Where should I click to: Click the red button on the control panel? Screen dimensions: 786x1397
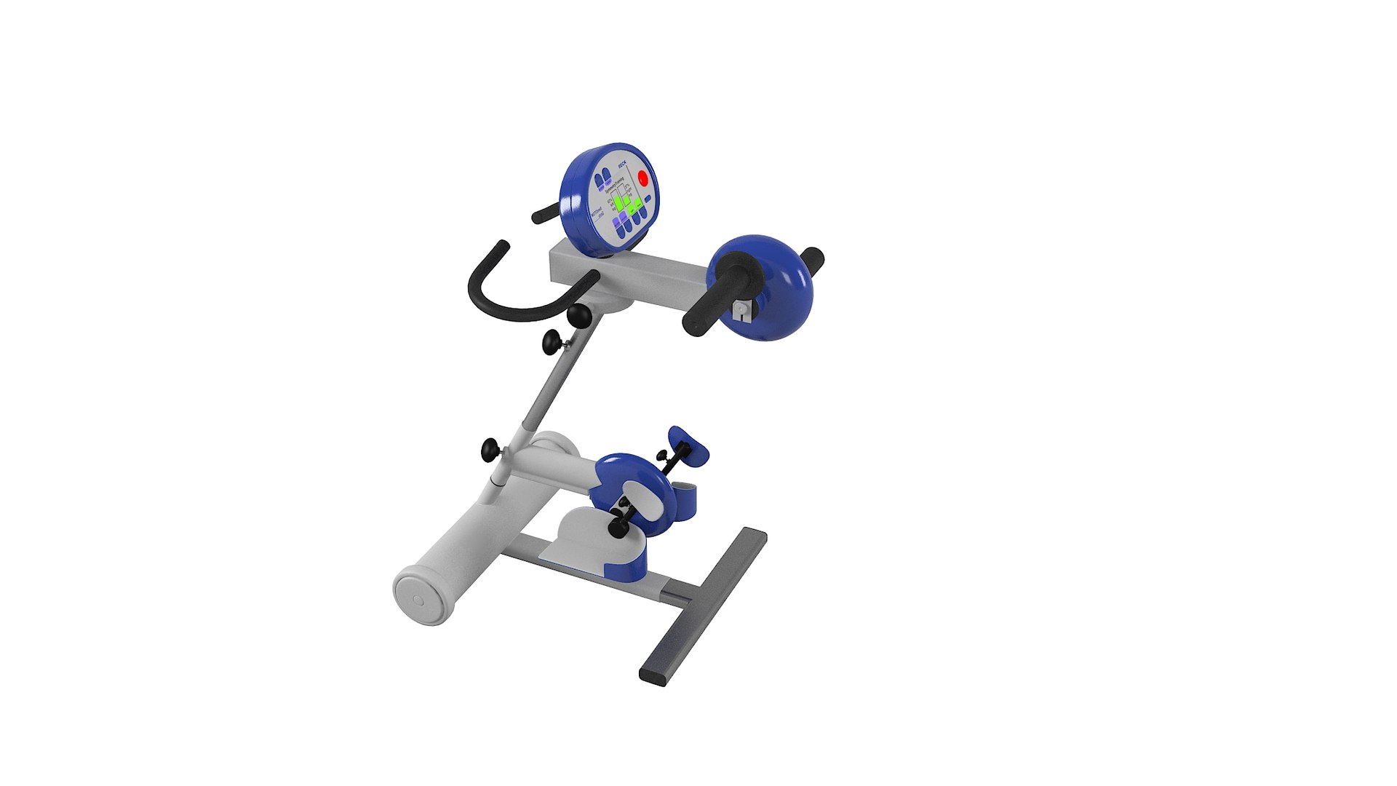pyautogui.click(x=642, y=178)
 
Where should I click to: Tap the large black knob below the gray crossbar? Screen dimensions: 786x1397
pyautogui.click(x=580, y=315)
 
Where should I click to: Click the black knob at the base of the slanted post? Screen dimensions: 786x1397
pyautogui.click(x=491, y=450)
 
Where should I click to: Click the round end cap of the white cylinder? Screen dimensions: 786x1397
pyautogui.click(x=418, y=599)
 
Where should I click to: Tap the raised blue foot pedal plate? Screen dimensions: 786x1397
pyautogui.click(x=690, y=445)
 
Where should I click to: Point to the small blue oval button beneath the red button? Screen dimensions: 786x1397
pyautogui.click(x=648, y=198)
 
